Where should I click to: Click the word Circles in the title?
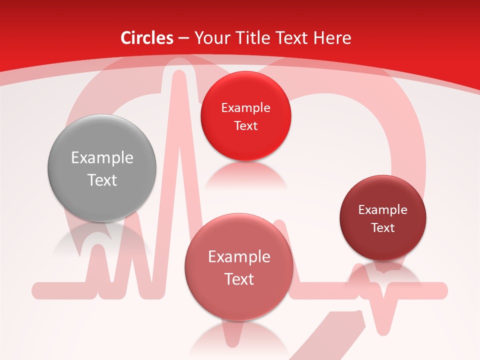pyautogui.click(x=147, y=38)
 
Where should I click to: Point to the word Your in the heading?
pyautogui.click(x=212, y=38)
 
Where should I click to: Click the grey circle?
pyautogui.click(x=102, y=168)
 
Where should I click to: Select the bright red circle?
pyautogui.click(x=245, y=116)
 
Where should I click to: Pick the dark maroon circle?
pyautogui.click(x=383, y=218)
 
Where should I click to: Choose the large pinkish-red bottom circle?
pyautogui.click(x=239, y=267)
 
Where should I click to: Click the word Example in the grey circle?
pyautogui.click(x=102, y=158)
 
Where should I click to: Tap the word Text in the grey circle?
pyautogui.click(x=102, y=180)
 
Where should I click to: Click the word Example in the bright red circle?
pyautogui.click(x=245, y=108)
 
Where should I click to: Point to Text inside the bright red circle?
pyautogui.click(x=245, y=126)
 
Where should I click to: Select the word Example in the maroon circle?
pyautogui.click(x=383, y=210)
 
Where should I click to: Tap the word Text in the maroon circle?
pyautogui.click(x=383, y=228)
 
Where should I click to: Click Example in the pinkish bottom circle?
pyautogui.click(x=239, y=257)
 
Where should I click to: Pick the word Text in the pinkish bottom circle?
pyautogui.click(x=239, y=279)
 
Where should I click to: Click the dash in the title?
pyautogui.click(x=183, y=38)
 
